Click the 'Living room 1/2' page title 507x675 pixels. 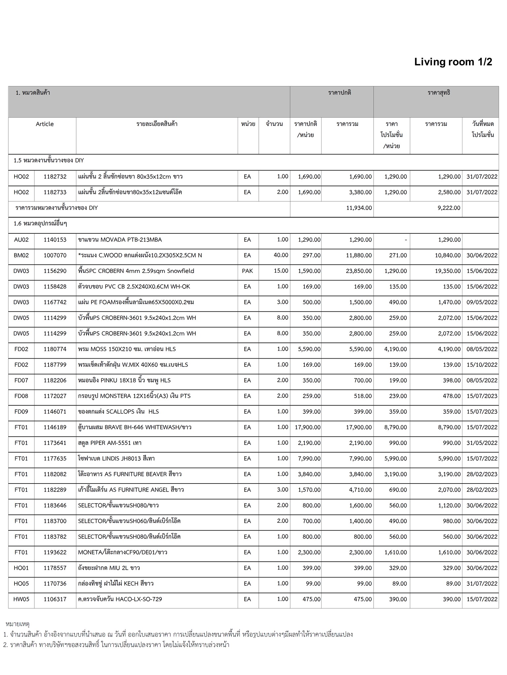click(x=453, y=62)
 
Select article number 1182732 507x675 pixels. click(x=55, y=177)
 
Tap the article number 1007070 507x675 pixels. click(x=55, y=255)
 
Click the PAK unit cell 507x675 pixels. click(x=247, y=271)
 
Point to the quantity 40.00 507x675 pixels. click(x=281, y=255)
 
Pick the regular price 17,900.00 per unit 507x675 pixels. click(x=307, y=427)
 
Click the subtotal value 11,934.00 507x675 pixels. click(x=359, y=208)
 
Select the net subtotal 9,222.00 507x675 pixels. click(x=449, y=208)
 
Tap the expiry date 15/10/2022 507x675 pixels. click(x=482, y=365)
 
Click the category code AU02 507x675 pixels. click(x=21, y=240)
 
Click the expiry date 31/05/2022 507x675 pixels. click(x=482, y=443)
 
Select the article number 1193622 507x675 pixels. click(x=55, y=552)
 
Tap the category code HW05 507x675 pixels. click(x=21, y=599)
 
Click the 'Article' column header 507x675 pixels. click(x=45, y=124)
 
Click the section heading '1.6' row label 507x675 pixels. click(x=40, y=224)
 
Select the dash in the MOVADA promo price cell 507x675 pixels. click(x=405, y=240)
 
